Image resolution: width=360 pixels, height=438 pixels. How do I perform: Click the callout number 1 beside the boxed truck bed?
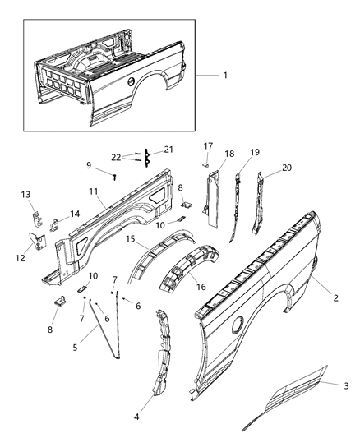pos(225,75)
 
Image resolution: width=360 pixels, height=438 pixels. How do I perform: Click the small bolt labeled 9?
pos(115,175)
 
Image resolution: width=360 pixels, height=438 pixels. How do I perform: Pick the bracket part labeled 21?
pos(145,157)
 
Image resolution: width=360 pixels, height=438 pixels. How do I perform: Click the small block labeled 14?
pos(54,222)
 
